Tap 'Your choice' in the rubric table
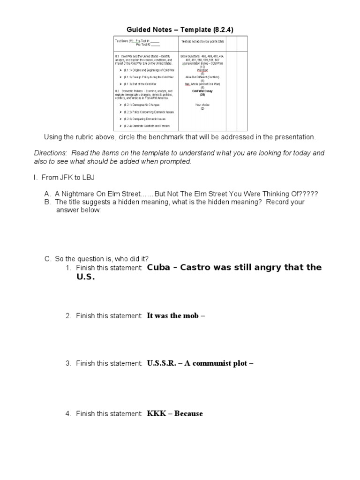[202, 105]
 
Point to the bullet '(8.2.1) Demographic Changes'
[142, 105]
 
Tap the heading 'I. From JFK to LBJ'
[64, 178]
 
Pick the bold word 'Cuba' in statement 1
[158, 267]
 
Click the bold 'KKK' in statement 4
[156, 413]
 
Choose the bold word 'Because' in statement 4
[188, 413]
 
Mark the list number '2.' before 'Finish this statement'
[68, 316]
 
